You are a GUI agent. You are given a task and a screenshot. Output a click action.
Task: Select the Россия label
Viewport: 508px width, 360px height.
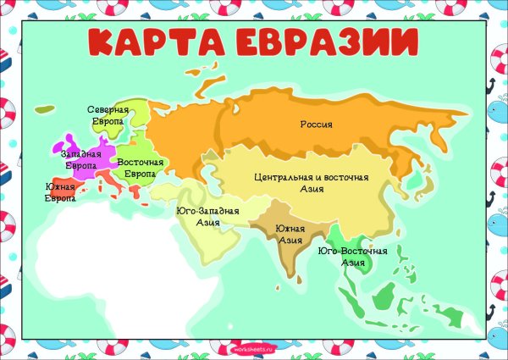317,125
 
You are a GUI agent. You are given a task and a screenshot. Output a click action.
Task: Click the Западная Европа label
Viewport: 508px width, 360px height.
80,159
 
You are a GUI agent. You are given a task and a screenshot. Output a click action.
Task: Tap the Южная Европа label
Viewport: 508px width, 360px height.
59,192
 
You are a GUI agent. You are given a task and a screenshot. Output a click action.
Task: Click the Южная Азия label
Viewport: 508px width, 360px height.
290,235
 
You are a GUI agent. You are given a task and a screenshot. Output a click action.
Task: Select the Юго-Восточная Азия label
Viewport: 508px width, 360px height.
353,257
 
